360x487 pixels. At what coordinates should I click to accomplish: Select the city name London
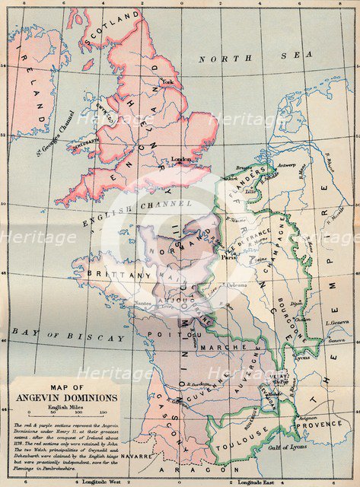tap(182, 159)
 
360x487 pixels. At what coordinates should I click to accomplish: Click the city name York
tap(168, 81)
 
